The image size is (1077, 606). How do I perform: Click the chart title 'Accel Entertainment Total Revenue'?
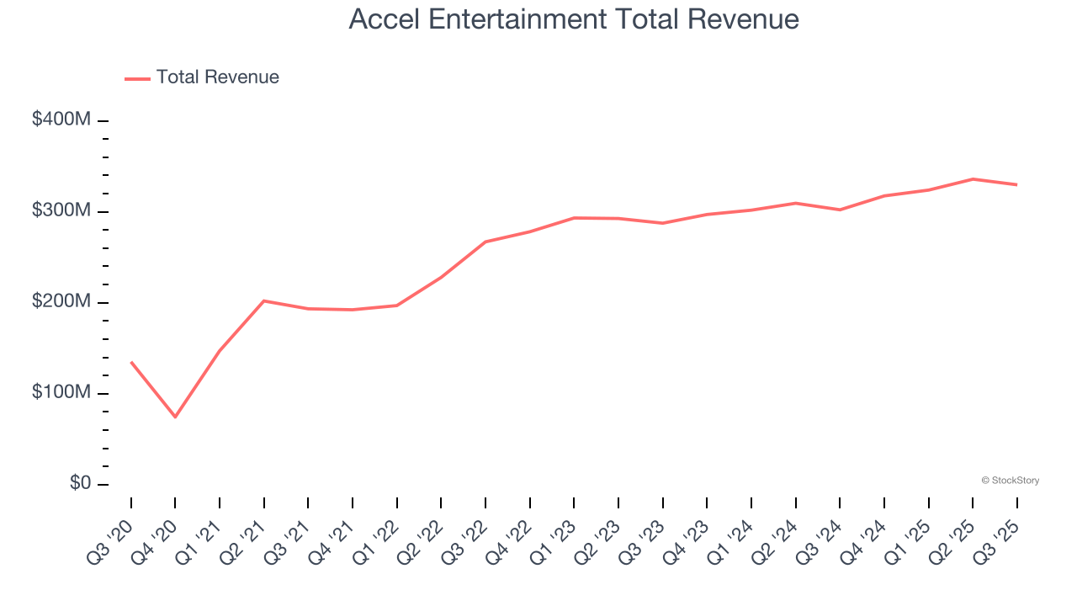[574, 19]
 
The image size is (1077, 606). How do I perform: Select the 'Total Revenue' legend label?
[217, 77]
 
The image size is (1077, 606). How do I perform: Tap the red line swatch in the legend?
[137, 78]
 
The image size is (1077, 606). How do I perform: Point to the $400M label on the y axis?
[61, 120]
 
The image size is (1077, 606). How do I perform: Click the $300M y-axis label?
[61, 211]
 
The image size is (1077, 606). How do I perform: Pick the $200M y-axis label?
[61, 302]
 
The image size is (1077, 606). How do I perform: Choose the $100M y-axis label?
[61, 393]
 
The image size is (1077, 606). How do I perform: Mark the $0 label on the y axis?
[80, 484]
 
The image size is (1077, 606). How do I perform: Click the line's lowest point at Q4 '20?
[175, 417]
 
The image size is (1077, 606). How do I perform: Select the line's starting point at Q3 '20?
[131, 362]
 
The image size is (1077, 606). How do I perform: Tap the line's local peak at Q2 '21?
[264, 300]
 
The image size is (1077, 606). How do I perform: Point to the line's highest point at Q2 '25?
[973, 179]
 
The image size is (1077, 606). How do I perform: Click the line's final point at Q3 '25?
[1016, 184]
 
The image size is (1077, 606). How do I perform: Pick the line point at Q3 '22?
[485, 242]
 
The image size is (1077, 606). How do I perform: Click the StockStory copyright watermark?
[1010, 481]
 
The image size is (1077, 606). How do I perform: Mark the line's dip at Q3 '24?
[840, 210]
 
